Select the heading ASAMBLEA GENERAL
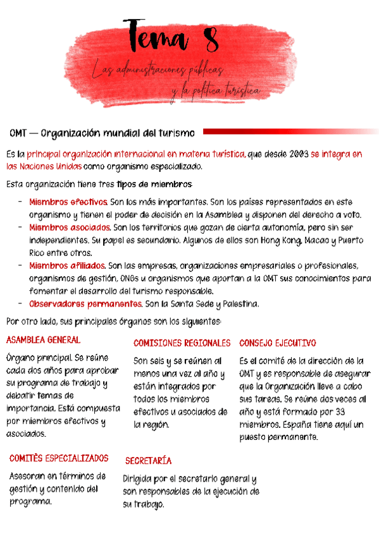click(x=42, y=340)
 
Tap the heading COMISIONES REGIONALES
click(x=182, y=343)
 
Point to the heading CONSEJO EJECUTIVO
click(x=277, y=343)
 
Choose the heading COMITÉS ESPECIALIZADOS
click(x=59, y=458)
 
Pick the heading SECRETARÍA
click(x=148, y=461)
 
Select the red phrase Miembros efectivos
click(x=68, y=202)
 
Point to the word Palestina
click(x=239, y=304)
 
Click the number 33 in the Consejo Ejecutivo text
click(x=356, y=411)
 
